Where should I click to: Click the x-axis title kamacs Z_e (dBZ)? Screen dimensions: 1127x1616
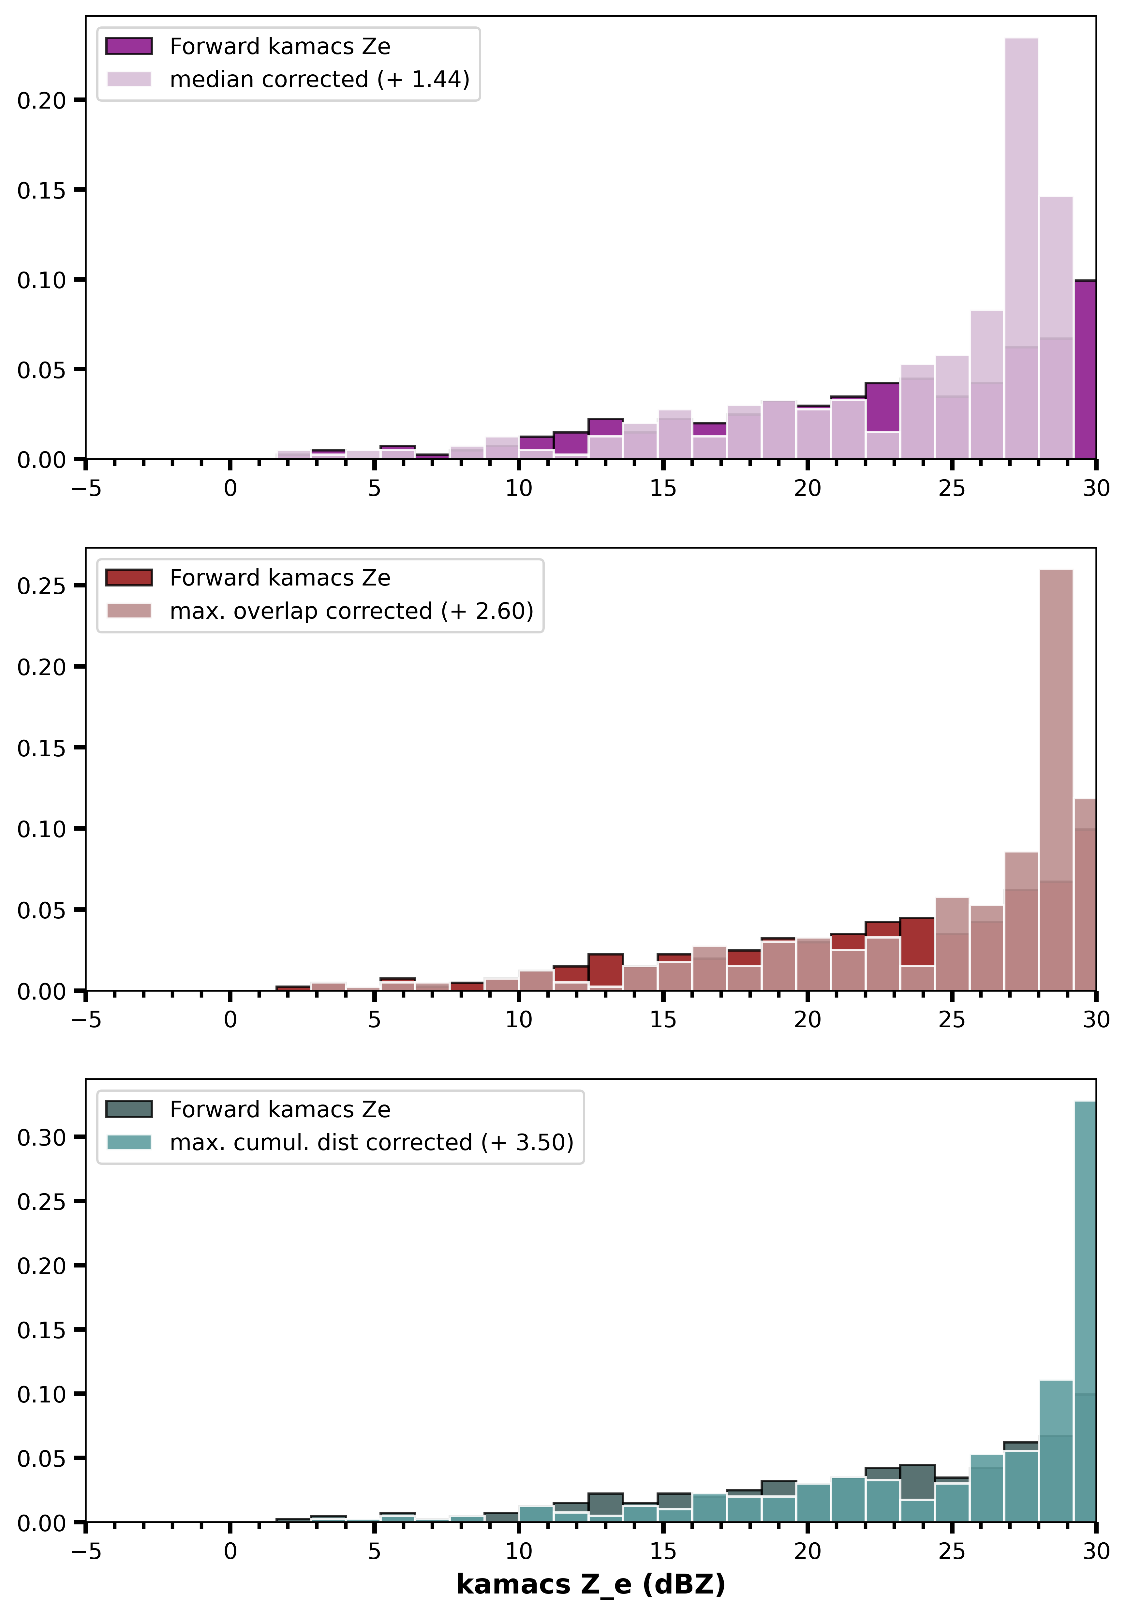point(591,1584)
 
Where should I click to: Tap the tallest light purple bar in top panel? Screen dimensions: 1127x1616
point(1021,248)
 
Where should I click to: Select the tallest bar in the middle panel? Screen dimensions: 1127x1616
point(1056,780)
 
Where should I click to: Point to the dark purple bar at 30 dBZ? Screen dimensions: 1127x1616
point(1085,369)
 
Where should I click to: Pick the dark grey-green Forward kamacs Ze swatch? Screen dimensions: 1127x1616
point(129,1109)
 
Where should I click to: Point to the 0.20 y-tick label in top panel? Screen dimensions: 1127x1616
point(41,101)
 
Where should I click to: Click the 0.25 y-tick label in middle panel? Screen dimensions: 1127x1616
point(41,586)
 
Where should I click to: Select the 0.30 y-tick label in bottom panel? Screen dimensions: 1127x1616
point(41,1138)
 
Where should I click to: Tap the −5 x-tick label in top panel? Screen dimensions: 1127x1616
point(86,488)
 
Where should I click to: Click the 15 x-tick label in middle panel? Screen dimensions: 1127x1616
point(663,1020)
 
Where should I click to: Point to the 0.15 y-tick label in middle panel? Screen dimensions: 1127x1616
point(41,748)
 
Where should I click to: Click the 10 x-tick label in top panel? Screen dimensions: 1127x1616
point(519,488)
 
